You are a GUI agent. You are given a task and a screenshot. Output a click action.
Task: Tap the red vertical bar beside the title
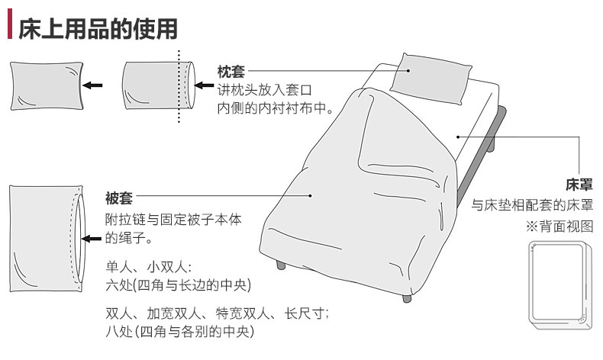pos(9,28)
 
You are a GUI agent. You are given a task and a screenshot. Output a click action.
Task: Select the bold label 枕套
pos(231,72)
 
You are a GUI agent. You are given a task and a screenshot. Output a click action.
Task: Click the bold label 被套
pos(119,200)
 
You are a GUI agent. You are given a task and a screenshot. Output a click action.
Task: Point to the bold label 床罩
pos(579,185)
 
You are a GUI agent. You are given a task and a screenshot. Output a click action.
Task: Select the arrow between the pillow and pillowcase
pos(93,85)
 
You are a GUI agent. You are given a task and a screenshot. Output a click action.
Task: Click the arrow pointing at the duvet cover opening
pos(93,239)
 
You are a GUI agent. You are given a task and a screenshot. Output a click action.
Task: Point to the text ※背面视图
pos(559,227)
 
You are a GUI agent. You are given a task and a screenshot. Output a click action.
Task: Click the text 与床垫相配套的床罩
pos(532,205)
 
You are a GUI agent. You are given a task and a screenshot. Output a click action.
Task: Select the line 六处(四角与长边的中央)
pos(179,284)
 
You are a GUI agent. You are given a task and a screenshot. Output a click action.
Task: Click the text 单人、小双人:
pos(149,267)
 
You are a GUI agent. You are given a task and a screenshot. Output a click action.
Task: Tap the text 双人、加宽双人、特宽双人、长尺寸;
pos(218,313)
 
